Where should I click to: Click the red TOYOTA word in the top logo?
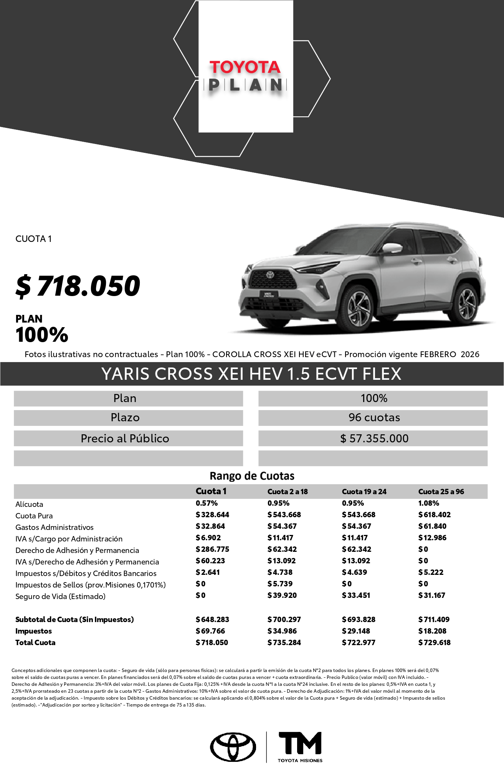coord(245,67)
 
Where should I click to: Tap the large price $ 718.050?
coord(78,286)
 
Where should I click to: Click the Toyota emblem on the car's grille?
coord(270,275)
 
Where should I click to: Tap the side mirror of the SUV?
coord(392,248)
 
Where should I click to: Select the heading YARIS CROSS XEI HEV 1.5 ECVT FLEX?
coord(251,374)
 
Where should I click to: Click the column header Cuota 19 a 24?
coord(364,492)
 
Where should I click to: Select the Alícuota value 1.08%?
coord(428,503)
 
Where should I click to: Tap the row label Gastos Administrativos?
coord(55,527)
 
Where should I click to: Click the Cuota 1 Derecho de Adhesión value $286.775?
coord(212,549)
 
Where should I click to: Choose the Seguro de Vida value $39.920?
coord(282,595)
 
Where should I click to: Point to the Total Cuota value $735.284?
coord(284,642)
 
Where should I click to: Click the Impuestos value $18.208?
coord(432,631)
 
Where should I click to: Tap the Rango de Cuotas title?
coord(252,476)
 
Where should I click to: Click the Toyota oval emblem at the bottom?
coord(233,747)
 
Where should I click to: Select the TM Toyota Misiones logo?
coord(300,747)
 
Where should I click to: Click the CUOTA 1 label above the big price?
coord(33,239)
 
